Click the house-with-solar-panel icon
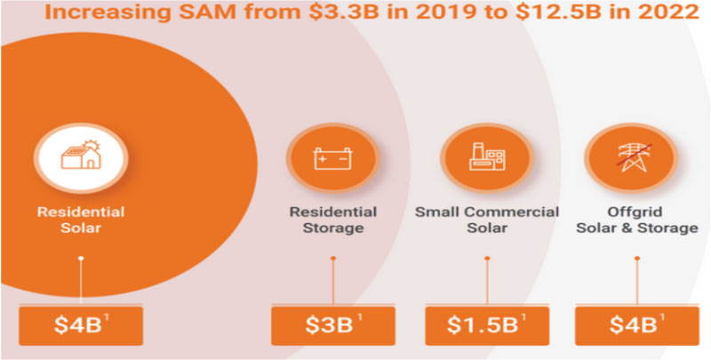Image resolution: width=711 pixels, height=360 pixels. [x=80, y=157]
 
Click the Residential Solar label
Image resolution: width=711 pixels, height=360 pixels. [x=80, y=220]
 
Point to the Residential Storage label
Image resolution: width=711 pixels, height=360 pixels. [x=332, y=220]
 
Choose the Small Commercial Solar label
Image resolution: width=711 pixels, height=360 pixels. [x=487, y=220]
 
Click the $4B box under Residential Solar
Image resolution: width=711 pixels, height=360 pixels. [x=80, y=325]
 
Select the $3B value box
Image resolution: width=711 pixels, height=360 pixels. [x=332, y=325]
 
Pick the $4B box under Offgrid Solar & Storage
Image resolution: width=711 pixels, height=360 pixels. [x=635, y=325]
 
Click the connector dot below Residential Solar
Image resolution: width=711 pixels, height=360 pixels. [x=80, y=259]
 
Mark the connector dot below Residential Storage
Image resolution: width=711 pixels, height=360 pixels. [x=332, y=259]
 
